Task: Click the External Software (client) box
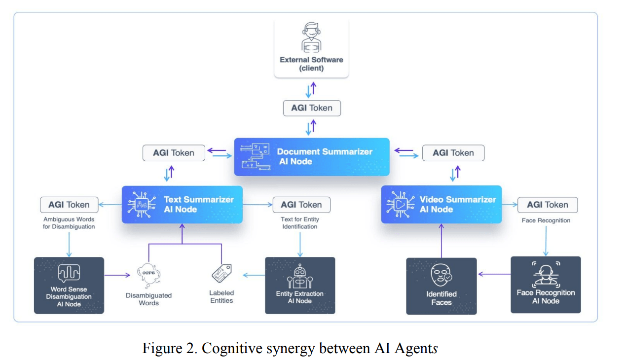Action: click(x=311, y=49)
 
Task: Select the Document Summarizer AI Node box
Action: click(x=311, y=157)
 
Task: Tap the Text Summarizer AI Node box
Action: click(x=182, y=205)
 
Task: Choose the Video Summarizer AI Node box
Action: click(x=441, y=205)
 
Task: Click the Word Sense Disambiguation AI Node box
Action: click(x=69, y=285)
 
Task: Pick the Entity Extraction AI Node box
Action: click(x=300, y=285)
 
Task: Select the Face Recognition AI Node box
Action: click(x=546, y=285)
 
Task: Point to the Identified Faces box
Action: click(x=441, y=286)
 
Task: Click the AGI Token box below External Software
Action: click(x=312, y=108)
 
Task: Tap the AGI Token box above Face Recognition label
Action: click(x=548, y=205)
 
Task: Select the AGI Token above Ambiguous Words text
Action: click(x=69, y=205)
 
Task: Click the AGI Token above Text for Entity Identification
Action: click(x=301, y=205)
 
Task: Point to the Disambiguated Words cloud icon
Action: click(x=148, y=274)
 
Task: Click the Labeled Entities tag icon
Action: click(x=221, y=273)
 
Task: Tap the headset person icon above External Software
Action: click(x=311, y=37)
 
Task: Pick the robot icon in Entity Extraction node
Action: click(x=300, y=276)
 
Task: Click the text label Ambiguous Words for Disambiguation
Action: click(x=69, y=223)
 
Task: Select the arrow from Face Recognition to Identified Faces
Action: click(x=494, y=274)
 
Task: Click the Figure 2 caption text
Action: click(x=290, y=349)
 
